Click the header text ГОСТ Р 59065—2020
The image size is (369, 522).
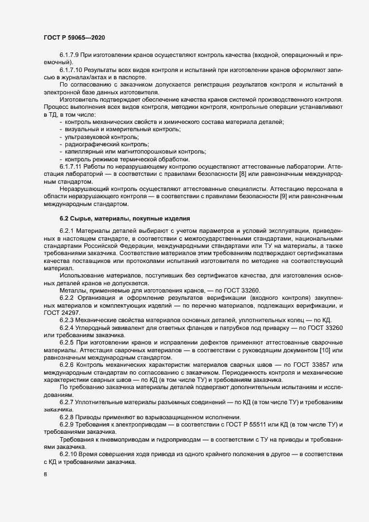coord(74,37)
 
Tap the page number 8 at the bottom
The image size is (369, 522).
coord(45,475)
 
